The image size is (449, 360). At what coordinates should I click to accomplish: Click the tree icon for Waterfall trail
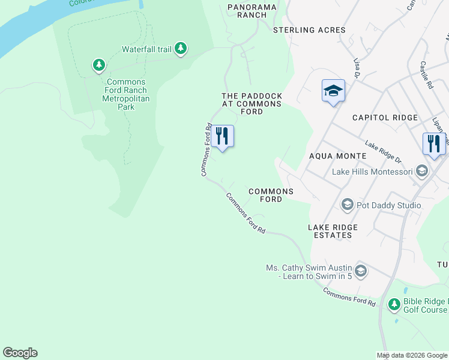click(181, 49)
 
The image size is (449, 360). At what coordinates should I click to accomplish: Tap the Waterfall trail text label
click(147, 49)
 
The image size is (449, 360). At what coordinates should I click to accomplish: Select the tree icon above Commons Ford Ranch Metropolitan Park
click(99, 65)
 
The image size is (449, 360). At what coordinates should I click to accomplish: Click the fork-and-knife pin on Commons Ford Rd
click(223, 137)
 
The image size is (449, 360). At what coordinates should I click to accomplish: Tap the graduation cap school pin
click(333, 91)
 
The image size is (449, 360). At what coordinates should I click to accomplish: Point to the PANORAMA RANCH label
click(251, 11)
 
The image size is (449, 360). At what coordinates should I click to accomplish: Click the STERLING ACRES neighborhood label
click(309, 30)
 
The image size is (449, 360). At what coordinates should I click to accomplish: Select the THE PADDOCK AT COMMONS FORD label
click(252, 104)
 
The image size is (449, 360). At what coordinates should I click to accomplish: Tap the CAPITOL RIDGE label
click(384, 118)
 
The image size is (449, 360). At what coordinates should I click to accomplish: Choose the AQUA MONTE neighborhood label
click(337, 156)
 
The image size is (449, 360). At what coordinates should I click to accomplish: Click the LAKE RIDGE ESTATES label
click(333, 231)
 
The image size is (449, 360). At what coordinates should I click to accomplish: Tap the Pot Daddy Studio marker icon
click(346, 205)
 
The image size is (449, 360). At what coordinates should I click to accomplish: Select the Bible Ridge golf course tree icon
click(394, 305)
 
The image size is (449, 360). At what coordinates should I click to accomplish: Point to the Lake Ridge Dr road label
click(383, 152)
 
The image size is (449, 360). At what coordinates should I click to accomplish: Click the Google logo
click(20, 353)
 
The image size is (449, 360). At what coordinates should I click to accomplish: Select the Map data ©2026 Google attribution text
click(412, 355)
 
